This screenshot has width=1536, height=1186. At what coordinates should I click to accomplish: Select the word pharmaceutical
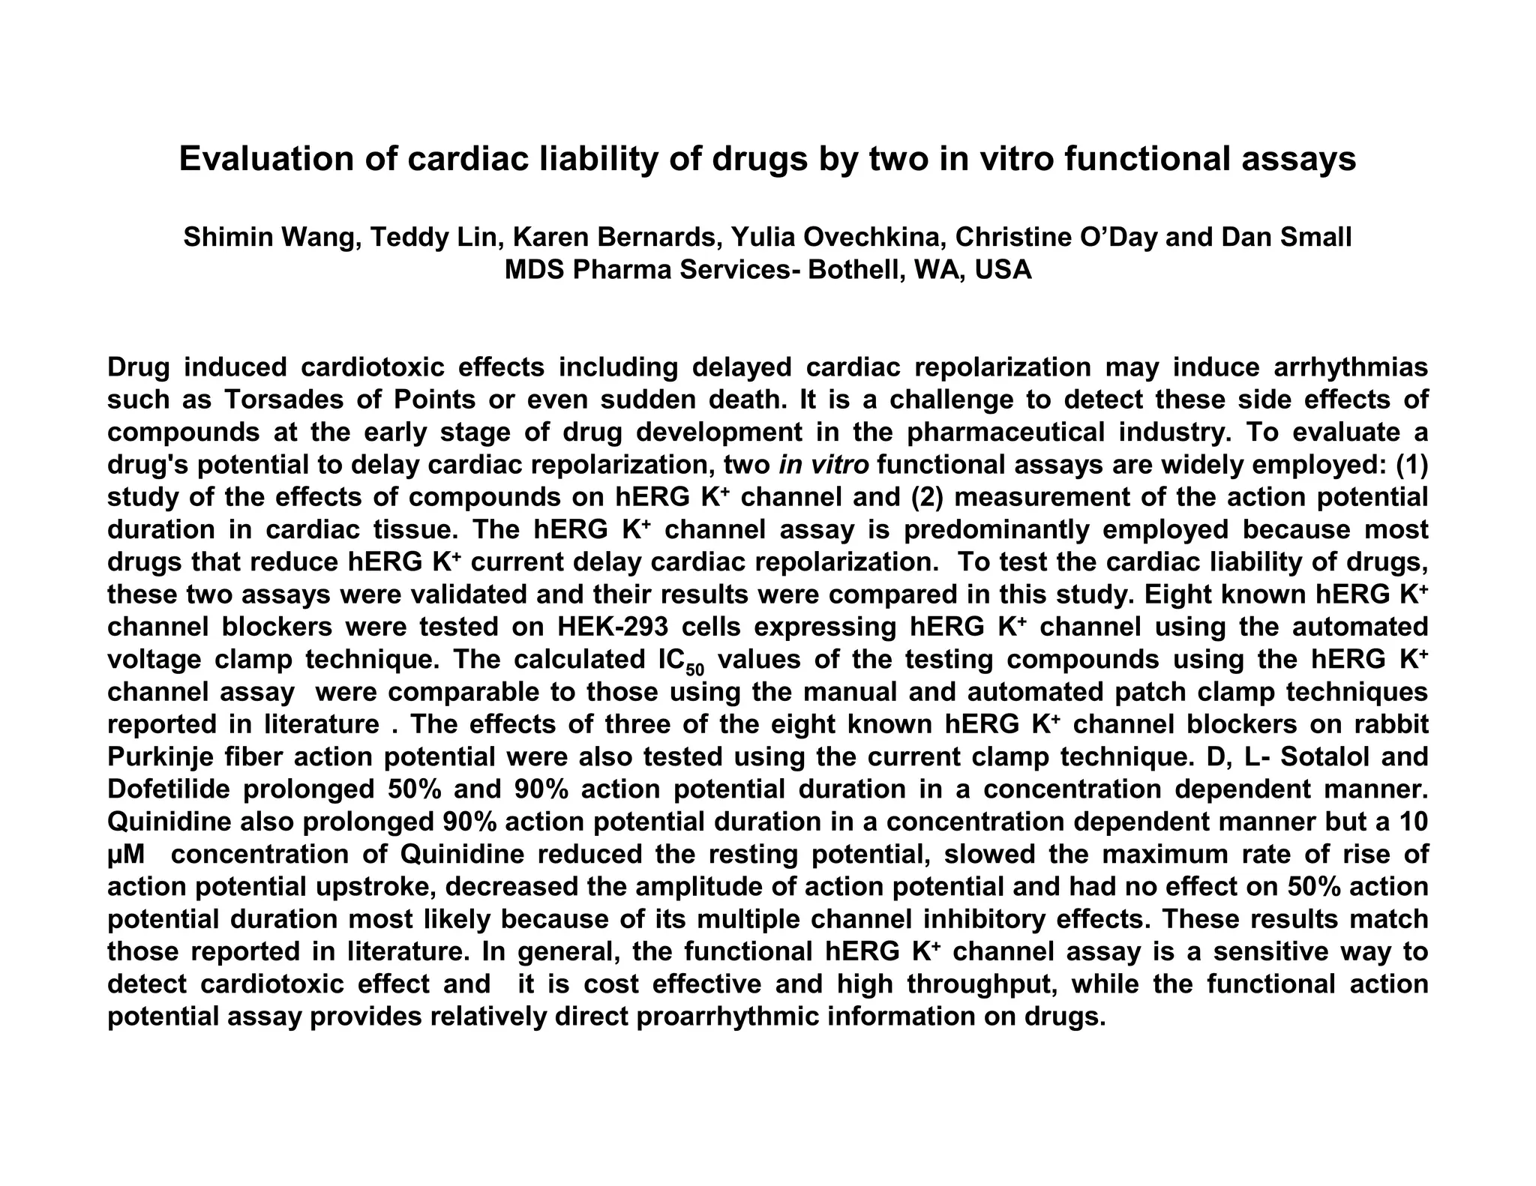1005,433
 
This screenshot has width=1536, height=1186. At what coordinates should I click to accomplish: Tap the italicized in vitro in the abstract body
824,465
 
